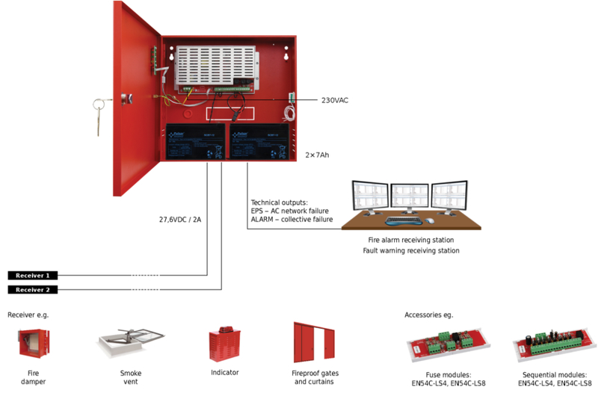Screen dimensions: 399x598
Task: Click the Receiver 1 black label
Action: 32,276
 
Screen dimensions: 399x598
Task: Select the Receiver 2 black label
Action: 32,290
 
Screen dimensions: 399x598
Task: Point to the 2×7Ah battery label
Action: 317,155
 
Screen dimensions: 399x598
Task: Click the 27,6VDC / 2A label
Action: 181,220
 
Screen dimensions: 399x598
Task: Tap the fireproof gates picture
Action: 314,344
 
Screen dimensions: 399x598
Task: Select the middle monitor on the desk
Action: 410,197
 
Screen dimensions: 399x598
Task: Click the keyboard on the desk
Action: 402,222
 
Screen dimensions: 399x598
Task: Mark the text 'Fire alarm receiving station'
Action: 410,240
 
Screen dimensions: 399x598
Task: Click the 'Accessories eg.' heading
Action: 428,315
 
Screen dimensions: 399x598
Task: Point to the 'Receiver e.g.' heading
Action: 28,315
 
